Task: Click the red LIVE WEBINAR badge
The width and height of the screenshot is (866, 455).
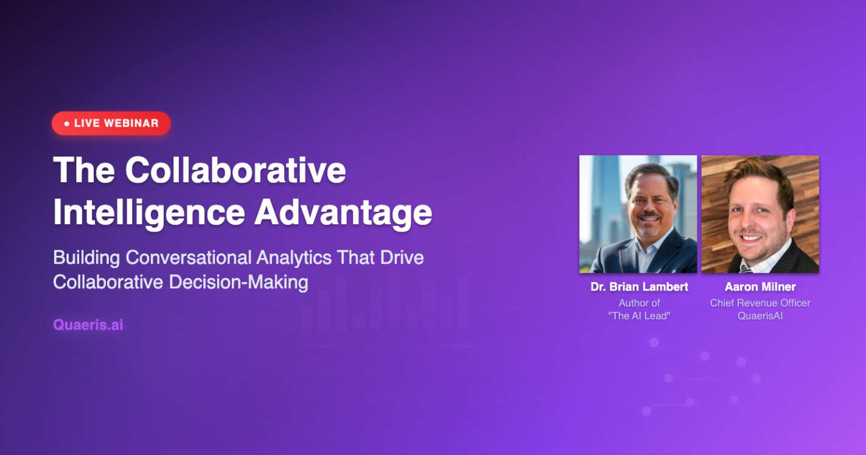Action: (x=111, y=123)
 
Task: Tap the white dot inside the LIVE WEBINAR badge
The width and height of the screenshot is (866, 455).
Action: (x=67, y=124)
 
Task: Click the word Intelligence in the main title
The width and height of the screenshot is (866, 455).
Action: (x=148, y=212)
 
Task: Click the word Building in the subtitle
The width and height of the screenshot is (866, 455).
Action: (x=86, y=258)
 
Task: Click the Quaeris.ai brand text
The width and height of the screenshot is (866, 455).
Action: (x=88, y=325)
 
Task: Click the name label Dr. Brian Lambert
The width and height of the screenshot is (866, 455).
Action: (x=639, y=287)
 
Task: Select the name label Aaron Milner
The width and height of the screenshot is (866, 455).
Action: (x=760, y=287)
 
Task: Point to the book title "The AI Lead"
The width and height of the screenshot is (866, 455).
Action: (x=639, y=316)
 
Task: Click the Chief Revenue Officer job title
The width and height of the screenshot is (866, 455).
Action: (x=760, y=303)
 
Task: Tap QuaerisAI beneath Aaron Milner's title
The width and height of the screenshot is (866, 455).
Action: (x=760, y=316)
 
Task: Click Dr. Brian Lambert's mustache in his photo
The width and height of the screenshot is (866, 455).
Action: (x=649, y=217)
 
